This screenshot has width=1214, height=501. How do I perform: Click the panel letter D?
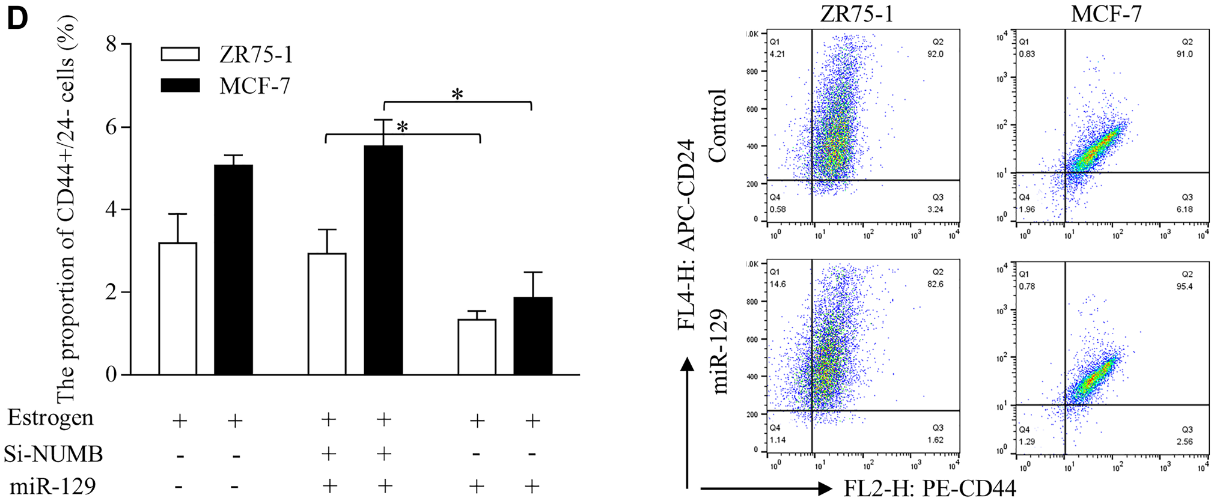(17, 19)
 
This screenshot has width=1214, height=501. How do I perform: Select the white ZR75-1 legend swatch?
(180, 54)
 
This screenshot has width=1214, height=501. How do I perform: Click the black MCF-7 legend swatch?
(180, 85)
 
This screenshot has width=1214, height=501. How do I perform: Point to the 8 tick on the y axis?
(112, 44)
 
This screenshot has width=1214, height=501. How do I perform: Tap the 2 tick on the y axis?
(112, 293)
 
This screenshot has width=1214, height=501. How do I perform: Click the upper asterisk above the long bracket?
(457, 94)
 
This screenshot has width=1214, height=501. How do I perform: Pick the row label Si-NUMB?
(53, 454)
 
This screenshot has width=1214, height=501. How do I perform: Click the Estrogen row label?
(50, 418)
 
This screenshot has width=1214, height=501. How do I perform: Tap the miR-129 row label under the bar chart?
(53, 486)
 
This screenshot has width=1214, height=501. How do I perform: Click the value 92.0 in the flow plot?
(935, 54)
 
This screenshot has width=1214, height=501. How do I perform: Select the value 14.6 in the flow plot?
(778, 284)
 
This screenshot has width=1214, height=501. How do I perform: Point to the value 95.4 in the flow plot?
(1184, 287)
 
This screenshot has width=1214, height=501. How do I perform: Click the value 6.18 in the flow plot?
(1184, 209)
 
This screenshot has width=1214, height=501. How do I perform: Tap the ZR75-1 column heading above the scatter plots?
(856, 14)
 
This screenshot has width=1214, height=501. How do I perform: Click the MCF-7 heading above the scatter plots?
(1106, 14)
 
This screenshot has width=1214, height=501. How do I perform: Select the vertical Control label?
(718, 126)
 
